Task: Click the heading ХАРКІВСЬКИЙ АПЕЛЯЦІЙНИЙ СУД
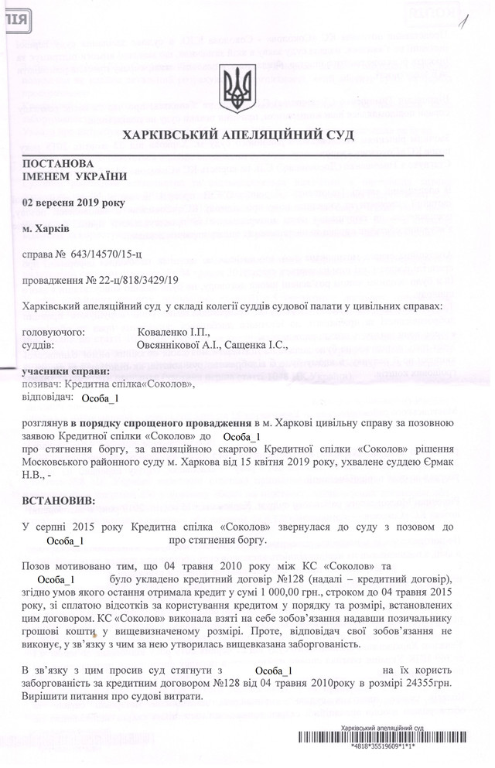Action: [x=238, y=135]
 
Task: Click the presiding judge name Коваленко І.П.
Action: [x=168, y=331]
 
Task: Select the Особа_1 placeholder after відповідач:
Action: [x=100, y=398]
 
